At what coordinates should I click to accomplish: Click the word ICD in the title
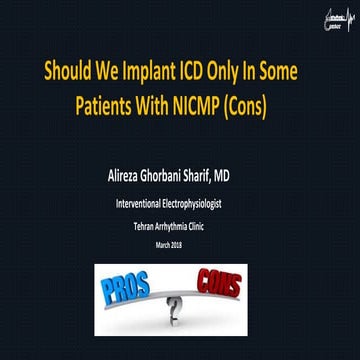(x=192, y=72)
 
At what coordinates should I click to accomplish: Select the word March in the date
(x=170, y=244)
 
